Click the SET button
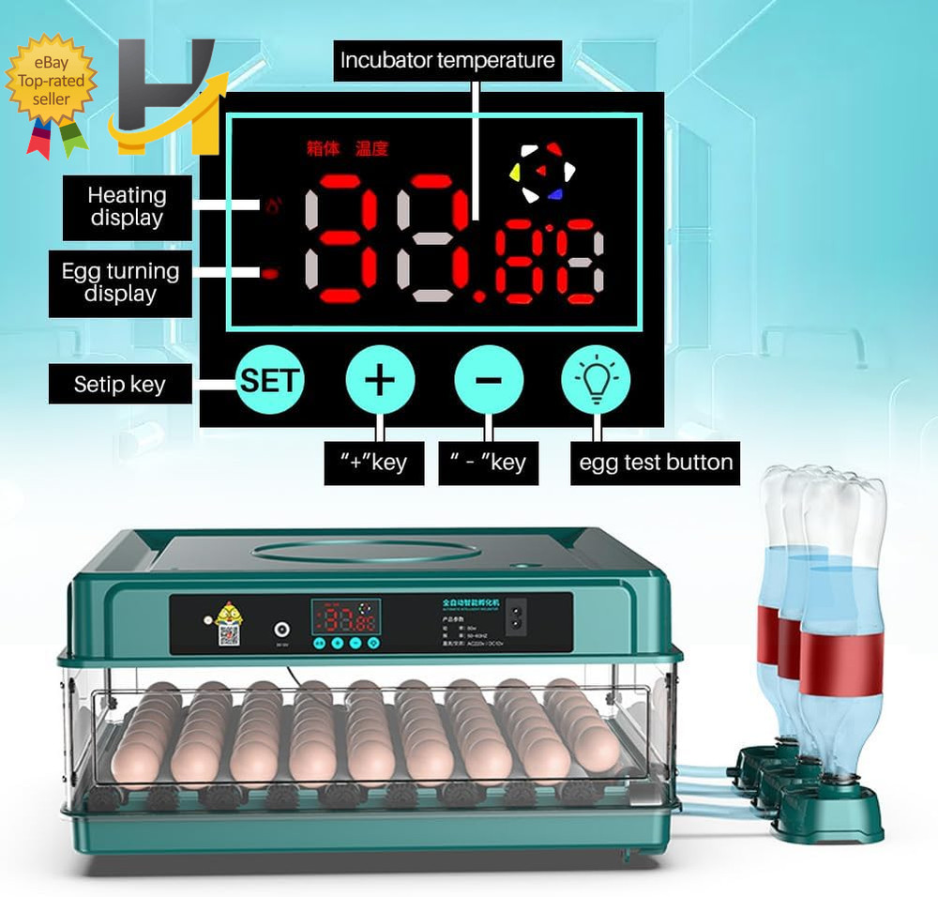point(269,380)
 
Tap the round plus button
point(380,380)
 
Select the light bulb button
point(596,380)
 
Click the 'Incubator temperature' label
point(447,61)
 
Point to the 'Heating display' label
point(127,207)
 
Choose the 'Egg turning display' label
point(120,282)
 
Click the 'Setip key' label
point(120,385)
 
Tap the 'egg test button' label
point(656,463)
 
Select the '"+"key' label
point(373,463)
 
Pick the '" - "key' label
point(488,463)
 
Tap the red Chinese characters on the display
point(347,148)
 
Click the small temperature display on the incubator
point(344,620)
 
